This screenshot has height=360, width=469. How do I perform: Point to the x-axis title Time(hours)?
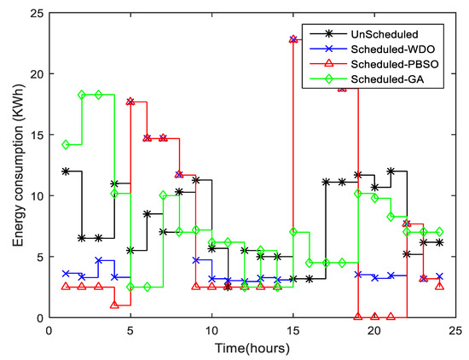click(x=252, y=348)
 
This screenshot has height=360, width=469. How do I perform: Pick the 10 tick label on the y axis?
click(x=34, y=196)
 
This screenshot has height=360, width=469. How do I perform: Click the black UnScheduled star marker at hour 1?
click(x=66, y=171)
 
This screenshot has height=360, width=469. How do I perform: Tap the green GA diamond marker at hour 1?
click(x=66, y=145)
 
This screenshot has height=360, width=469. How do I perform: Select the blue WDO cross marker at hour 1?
click(x=66, y=274)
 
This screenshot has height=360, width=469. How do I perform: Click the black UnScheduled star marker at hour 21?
click(x=391, y=171)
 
